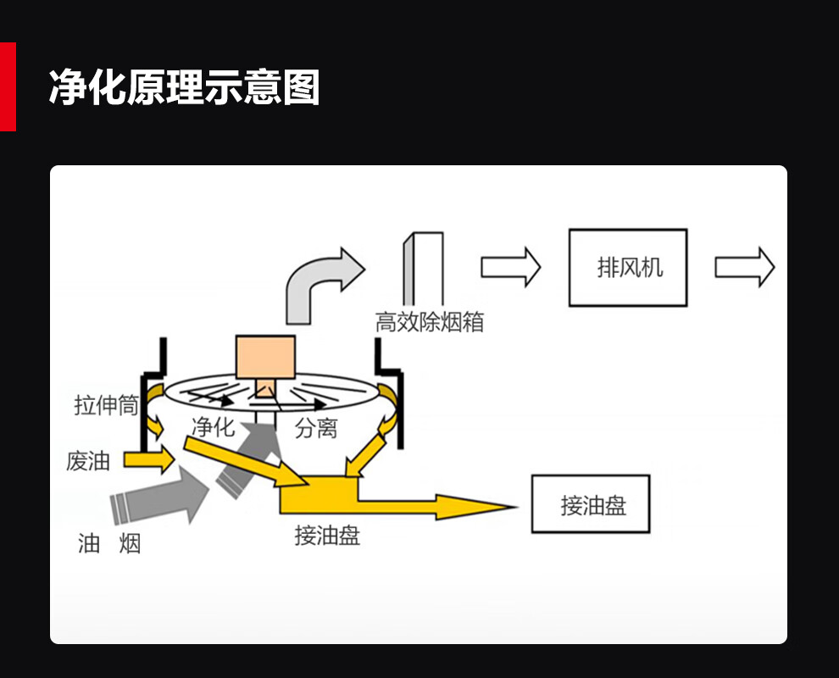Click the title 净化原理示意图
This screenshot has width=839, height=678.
tap(184, 87)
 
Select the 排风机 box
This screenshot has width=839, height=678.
tap(627, 268)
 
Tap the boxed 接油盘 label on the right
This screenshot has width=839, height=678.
tap(590, 504)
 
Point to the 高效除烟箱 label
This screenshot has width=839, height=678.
tap(430, 323)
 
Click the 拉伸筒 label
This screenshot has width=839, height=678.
tap(106, 406)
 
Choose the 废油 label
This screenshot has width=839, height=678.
tap(88, 462)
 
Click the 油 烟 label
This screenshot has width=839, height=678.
tap(109, 543)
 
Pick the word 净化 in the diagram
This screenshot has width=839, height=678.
tap(213, 426)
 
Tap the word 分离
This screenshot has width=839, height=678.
tap(316, 429)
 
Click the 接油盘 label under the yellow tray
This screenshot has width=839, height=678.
tap(327, 536)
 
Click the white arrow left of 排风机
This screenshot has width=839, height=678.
tap(510, 267)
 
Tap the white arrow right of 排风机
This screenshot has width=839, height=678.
tap(744, 267)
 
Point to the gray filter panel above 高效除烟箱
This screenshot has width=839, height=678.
tap(423, 271)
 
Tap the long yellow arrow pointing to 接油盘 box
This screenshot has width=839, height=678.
tap(432, 506)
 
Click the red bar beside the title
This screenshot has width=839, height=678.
tap(8, 87)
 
